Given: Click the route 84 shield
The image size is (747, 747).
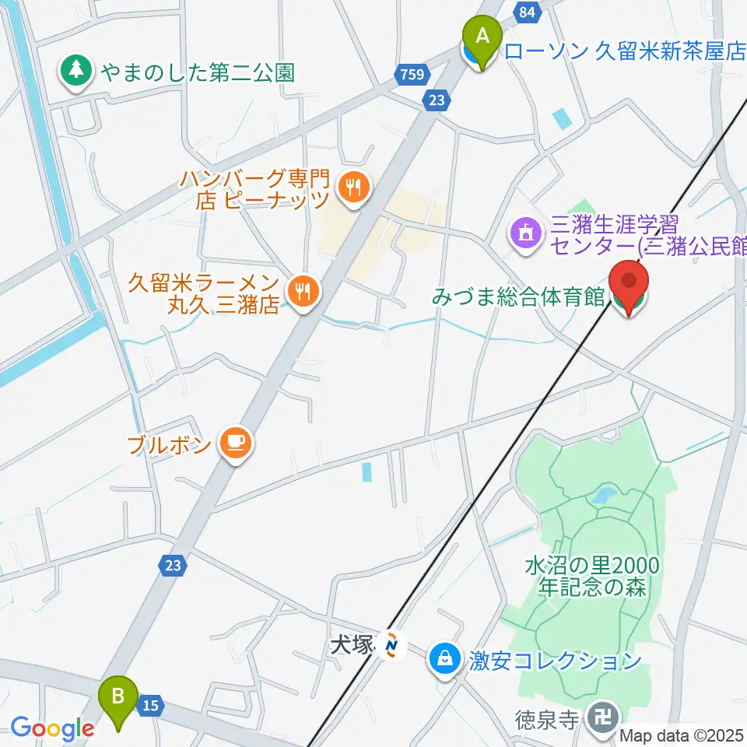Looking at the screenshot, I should (x=528, y=11).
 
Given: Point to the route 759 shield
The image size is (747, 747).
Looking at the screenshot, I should (x=410, y=75).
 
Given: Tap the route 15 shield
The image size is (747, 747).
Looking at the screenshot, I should (x=151, y=706).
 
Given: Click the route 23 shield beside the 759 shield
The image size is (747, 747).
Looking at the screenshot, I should (x=435, y=98).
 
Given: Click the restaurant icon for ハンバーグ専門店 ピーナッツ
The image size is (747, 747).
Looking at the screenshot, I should (x=353, y=187).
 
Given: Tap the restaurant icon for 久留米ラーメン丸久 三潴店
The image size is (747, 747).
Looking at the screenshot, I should (x=301, y=292).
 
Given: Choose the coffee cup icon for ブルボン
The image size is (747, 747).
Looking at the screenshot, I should (x=234, y=444).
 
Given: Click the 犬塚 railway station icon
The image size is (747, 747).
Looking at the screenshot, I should (x=391, y=644).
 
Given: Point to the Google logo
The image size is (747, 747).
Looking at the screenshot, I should (x=52, y=729).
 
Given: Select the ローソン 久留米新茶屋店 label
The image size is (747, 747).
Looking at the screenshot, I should (x=625, y=52).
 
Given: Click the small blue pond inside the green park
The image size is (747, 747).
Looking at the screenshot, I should (x=602, y=495).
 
